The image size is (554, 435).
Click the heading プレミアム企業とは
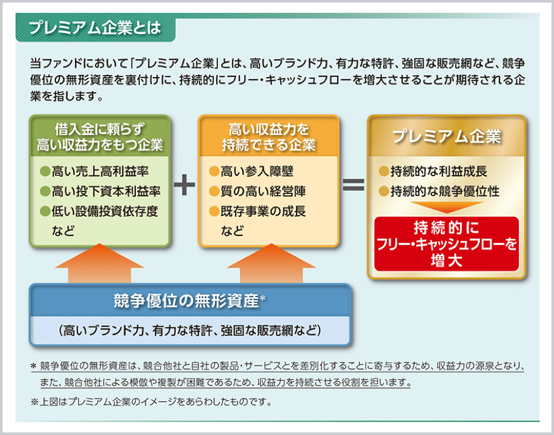(x=95, y=29)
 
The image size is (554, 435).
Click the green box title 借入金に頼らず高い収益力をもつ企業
(x=100, y=137)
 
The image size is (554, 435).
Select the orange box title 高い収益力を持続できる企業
(x=268, y=137)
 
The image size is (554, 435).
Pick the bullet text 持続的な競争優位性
(x=444, y=191)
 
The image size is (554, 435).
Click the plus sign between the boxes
(x=184, y=185)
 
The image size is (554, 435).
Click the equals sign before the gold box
(x=353, y=185)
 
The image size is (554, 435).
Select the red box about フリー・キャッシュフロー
(x=446, y=244)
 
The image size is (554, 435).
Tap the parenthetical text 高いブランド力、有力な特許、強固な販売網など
(x=190, y=330)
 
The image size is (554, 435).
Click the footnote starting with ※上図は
(x=151, y=401)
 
